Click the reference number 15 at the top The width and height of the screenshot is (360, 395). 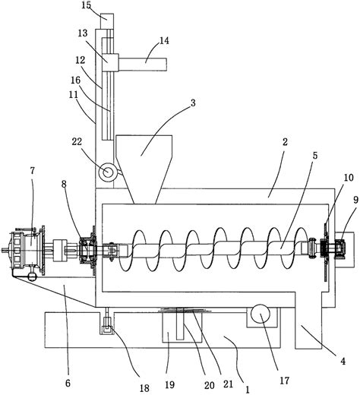point(87,5)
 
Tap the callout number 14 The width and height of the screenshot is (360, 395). point(164,40)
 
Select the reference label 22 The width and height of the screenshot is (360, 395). point(77,141)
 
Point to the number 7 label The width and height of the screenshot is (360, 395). point(33,171)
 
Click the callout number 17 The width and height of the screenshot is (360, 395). point(284,380)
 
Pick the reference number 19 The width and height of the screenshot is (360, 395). point(169,384)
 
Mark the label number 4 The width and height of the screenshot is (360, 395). point(343,362)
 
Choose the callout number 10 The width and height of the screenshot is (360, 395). point(349,178)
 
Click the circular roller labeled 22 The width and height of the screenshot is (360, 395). point(107,172)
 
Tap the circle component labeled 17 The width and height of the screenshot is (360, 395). point(261,314)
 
